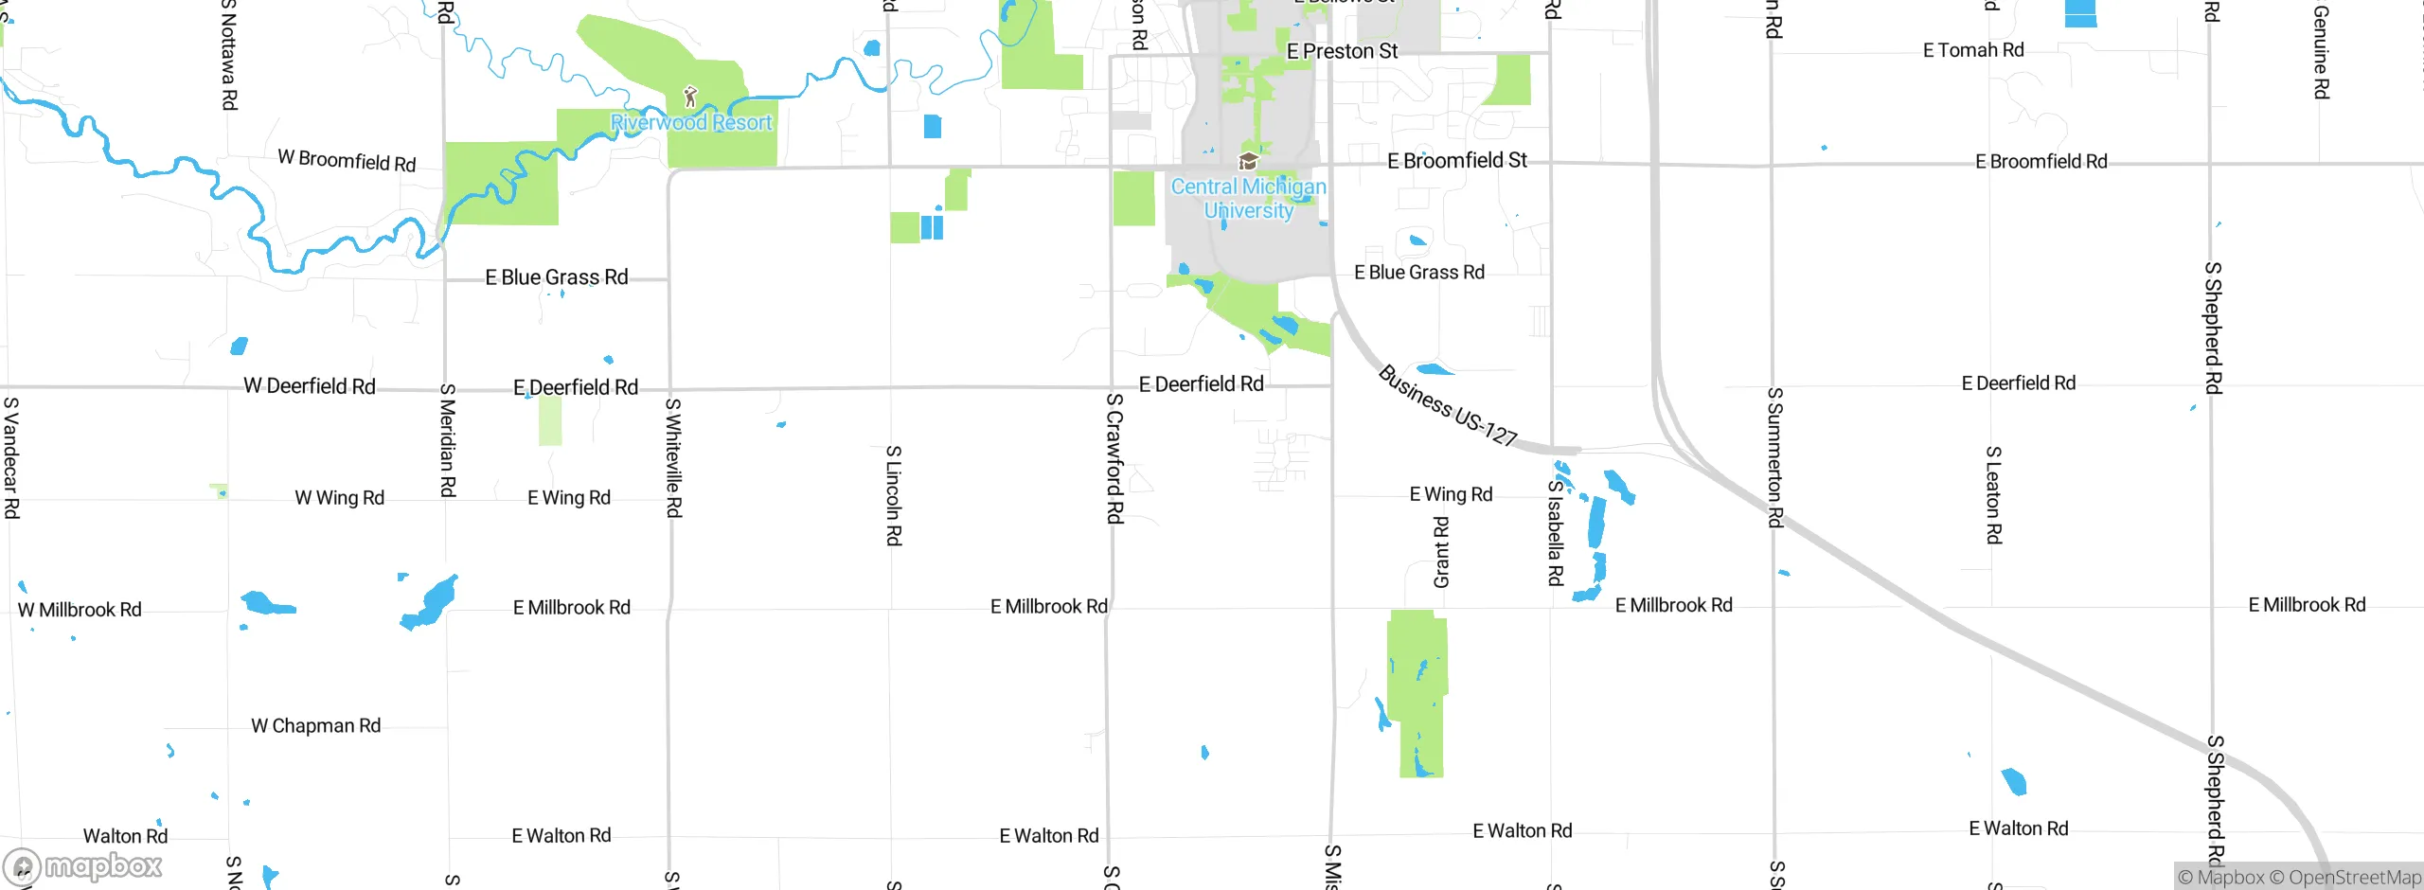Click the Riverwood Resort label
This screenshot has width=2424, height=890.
(x=691, y=123)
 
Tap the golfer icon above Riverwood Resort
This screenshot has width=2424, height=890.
(x=690, y=97)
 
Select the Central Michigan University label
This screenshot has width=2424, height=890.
(x=1248, y=199)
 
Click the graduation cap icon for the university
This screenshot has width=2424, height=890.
(x=1248, y=161)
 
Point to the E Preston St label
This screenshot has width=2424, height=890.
(x=1342, y=51)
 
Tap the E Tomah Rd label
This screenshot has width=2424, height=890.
(x=1973, y=50)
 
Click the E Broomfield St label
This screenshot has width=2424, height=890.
(x=1456, y=161)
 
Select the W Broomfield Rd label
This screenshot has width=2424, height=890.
(x=347, y=161)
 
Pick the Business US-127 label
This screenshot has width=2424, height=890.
(x=1447, y=406)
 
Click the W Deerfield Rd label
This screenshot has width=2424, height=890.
(x=310, y=386)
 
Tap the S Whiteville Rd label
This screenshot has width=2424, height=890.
(x=673, y=458)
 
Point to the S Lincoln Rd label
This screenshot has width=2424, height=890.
(x=893, y=495)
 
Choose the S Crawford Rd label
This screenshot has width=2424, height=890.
(x=1114, y=458)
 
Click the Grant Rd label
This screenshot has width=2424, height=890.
(x=1441, y=552)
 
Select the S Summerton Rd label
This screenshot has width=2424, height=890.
(x=1775, y=457)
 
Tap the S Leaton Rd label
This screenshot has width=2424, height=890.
(x=1993, y=495)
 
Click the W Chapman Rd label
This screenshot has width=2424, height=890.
(x=315, y=726)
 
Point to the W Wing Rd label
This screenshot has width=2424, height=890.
(x=339, y=498)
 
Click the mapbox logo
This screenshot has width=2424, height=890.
(x=83, y=866)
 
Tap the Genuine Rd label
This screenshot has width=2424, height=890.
(x=2321, y=52)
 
